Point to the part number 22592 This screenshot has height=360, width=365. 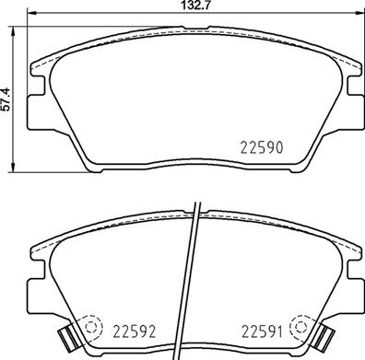[x=131, y=329]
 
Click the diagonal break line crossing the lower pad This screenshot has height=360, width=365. [x=192, y=276]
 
